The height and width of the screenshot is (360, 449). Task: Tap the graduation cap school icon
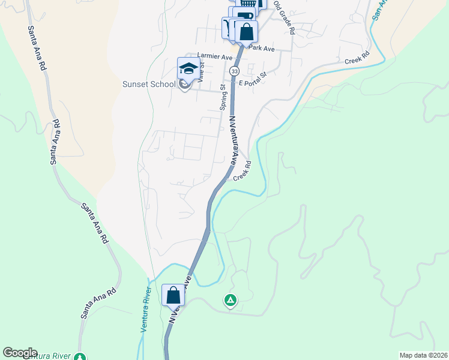tap(188, 68)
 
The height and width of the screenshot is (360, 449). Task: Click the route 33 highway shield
tap(234, 70)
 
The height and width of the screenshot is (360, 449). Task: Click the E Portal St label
tap(252, 83)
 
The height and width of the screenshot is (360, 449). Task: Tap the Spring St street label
tap(223, 97)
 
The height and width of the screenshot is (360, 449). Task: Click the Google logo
tap(20, 353)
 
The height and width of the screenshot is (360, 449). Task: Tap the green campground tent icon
tap(229, 299)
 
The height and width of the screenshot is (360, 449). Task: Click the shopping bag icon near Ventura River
tap(173, 295)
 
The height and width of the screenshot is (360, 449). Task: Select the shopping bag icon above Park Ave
tap(246, 31)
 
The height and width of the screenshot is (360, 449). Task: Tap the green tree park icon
tap(80, 357)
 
